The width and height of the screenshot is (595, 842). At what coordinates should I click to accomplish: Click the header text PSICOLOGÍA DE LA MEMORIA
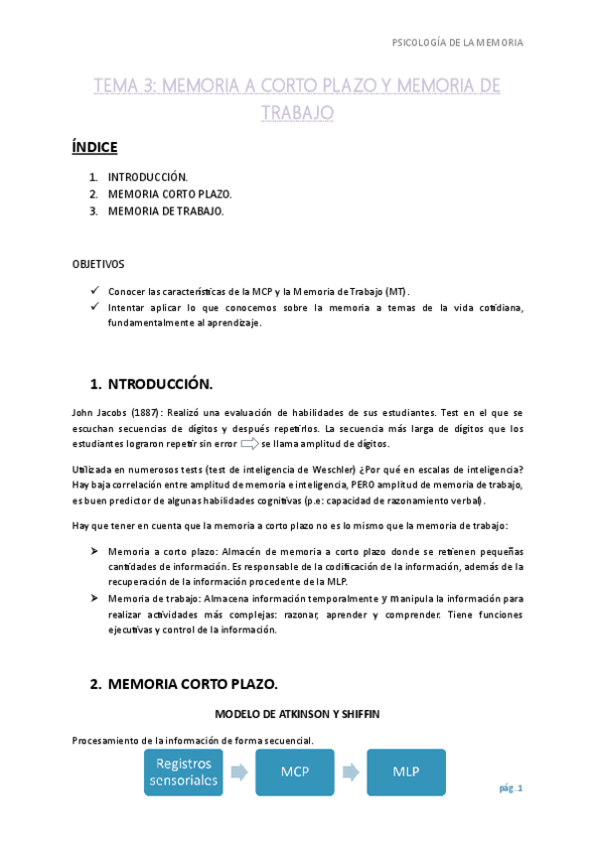pos(458,43)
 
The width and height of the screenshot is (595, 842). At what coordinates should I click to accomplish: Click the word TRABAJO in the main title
pos(297,113)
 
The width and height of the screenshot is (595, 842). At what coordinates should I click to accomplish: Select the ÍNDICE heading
pos(95,148)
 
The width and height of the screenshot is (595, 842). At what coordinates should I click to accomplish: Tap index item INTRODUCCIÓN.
pos(148,177)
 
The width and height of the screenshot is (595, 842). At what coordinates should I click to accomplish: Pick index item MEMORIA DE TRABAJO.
pos(166,210)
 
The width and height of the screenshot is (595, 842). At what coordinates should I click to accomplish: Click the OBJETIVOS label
pos(99,265)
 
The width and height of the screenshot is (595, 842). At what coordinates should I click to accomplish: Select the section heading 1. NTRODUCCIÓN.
pos(151,383)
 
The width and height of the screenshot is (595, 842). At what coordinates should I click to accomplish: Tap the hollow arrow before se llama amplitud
pos(248,444)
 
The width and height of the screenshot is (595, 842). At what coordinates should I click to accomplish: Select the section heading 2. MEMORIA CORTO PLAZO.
pos(183,684)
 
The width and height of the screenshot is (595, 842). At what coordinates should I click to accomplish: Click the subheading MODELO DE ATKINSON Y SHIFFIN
pos(297,714)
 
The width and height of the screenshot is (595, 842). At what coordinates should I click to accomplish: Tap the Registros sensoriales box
pos(183,772)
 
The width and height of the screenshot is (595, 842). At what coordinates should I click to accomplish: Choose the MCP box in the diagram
pos(294,772)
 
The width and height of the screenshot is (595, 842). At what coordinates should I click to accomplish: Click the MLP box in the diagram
pos(405,772)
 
